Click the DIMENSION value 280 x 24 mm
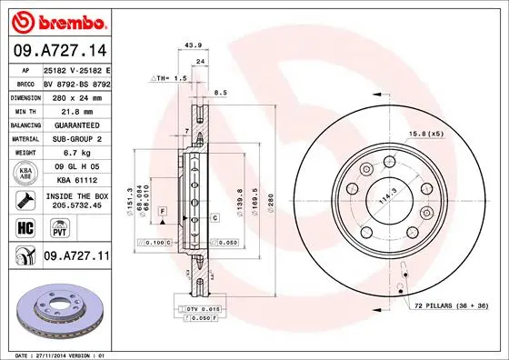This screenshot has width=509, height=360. click(x=76, y=95)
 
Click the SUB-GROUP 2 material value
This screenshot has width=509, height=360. click(x=76, y=138)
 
